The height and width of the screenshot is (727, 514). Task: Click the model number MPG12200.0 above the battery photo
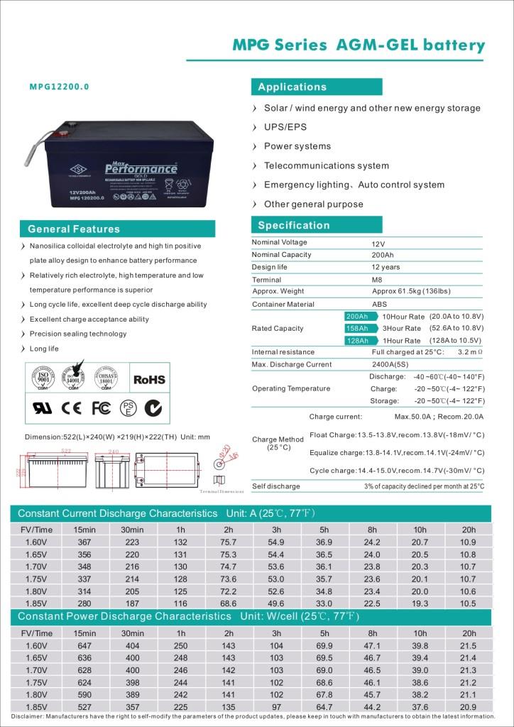pyautogui.click(x=60, y=87)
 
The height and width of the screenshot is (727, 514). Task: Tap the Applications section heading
pyautogui.click(x=292, y=87)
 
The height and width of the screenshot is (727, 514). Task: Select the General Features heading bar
pyautogui.click(x=74, y=229)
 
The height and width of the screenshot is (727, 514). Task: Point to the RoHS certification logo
pyautogui.click(x=149, y=380)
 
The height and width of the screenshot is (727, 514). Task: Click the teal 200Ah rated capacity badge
pyautogui.click(x=357, y=316)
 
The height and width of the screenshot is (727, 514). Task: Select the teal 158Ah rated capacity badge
pyautogui.click(x=357, y=328)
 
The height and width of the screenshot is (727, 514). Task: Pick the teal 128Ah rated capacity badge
pyautogui.click(x=357, y=341)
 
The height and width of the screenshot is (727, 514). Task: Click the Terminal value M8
pyautogui.click(x=377, y=280)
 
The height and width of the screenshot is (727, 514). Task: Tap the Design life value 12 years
pyautogui.click(x=385, y=267)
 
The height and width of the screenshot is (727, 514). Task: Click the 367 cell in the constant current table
pyautogui.click(x=84, y=542)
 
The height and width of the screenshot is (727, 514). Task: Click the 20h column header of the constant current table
pyautogui.click(x=469, y=530)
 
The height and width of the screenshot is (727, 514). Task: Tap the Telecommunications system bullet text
pyautogui.click(x=327, y=165)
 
